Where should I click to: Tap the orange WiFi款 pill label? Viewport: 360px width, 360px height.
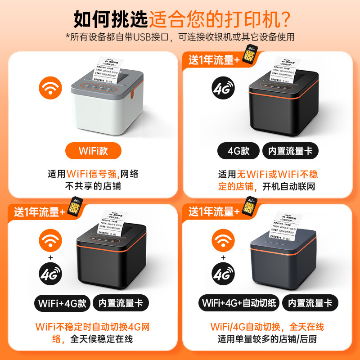[93, 150]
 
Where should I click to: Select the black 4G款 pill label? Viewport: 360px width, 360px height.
[238, 150]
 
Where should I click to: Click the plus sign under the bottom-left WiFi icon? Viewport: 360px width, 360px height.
[50, 257]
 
